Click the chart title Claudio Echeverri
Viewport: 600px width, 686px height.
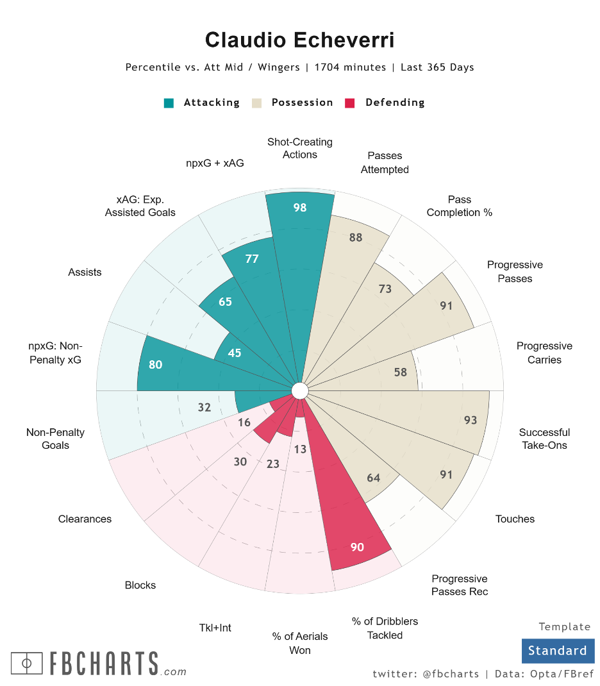tap(299, 40)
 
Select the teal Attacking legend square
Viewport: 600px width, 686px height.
tap(169, 103)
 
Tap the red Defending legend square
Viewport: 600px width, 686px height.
tap(350, 103)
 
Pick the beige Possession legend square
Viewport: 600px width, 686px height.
tap(257, 103)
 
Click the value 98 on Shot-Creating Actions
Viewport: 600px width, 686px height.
tap(299, 208)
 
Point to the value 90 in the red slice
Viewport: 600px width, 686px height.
tap(357, 547)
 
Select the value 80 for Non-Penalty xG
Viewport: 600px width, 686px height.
tap(155, 365)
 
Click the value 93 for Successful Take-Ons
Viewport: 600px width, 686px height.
tap(471, 420)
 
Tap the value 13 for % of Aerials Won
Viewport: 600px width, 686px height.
tap(300, 449)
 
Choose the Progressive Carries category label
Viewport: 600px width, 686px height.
tap(544, 353)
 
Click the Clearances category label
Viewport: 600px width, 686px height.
tap(85, 519)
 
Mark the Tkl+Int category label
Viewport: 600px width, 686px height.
tap(215, 628)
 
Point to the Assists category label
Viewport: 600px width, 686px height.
tap(85, 272)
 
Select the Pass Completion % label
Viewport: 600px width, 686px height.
tap(459, 206)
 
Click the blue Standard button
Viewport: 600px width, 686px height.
tap(558, 651)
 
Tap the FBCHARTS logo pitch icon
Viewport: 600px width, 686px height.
tap(27, 663)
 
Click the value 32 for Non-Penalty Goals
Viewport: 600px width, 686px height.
tap(204, 407)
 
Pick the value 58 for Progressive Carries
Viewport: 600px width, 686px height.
tap(400, 372)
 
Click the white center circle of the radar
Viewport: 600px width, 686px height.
tap(299, 390)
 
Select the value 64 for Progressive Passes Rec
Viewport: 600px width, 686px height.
tap(374, 478)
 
